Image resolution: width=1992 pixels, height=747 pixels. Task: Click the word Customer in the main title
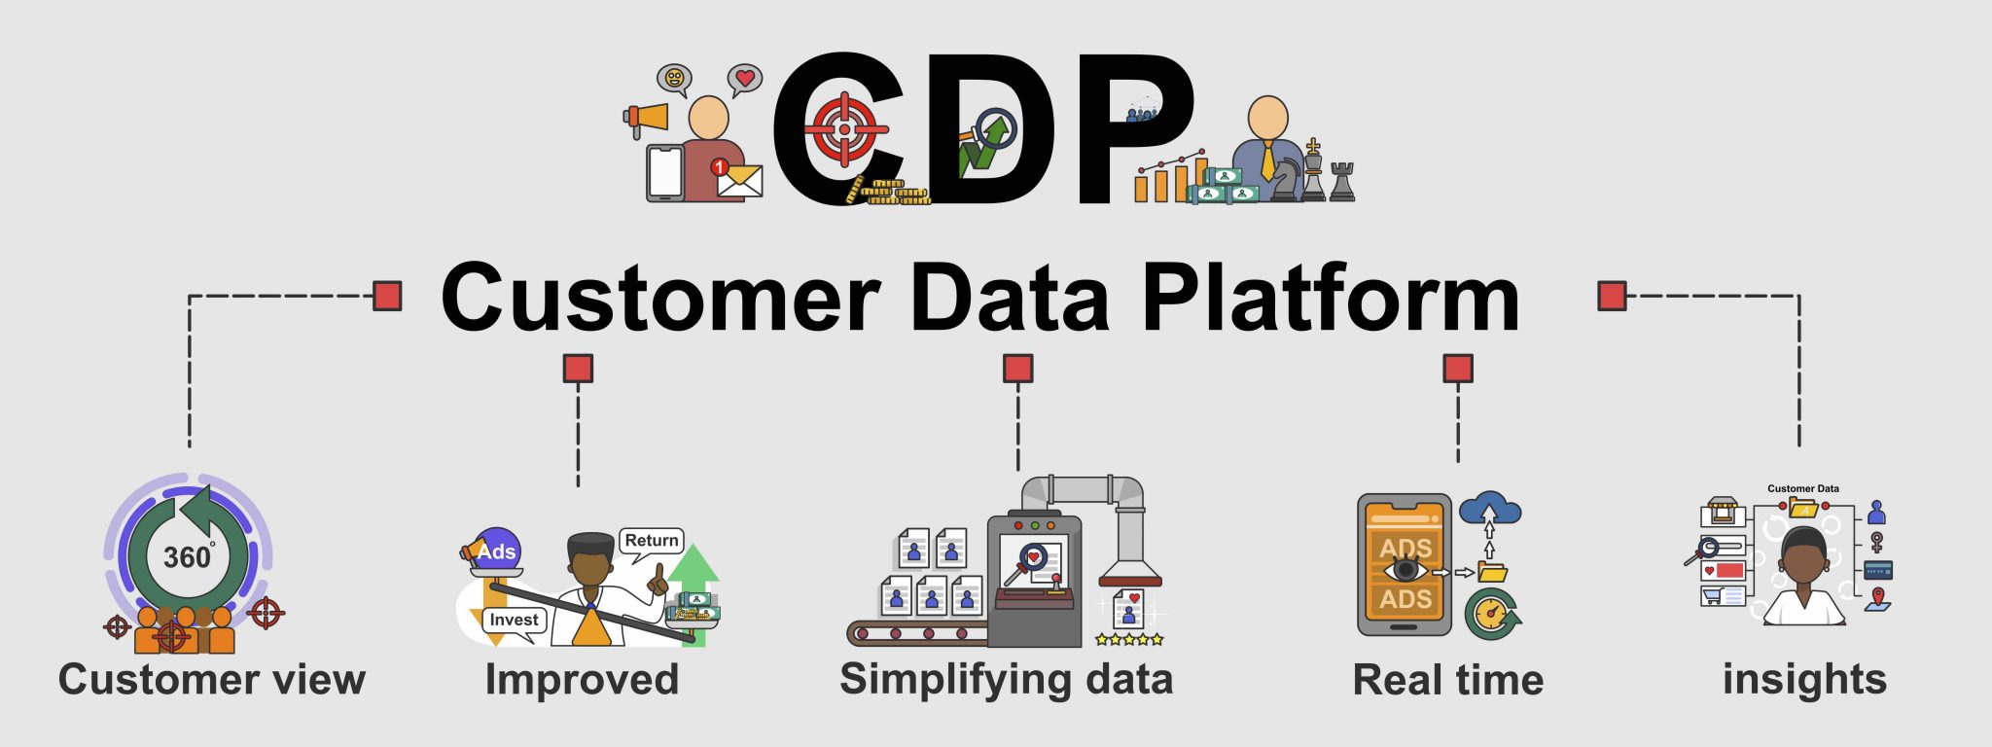(x=660, y=299)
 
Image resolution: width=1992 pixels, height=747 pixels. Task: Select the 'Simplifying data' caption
(x=1006, y=679)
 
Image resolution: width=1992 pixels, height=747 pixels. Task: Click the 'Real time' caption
(x=1447, y=680)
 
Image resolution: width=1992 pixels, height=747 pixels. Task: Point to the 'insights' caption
(x=1804, y=679)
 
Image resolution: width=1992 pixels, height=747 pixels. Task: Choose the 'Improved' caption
(x=582, y=679)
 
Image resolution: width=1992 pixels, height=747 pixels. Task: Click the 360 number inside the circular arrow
(x=187, y=557)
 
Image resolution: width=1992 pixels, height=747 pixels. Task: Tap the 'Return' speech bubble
(x=652, y=541)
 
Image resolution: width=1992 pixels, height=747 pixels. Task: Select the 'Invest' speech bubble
(x=514, y=621)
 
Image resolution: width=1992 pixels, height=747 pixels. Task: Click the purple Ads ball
(x=497, y=551)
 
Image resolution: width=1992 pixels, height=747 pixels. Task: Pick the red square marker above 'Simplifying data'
(x=1017, y=369)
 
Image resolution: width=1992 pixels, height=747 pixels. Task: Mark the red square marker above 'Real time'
(x=1457, y=369)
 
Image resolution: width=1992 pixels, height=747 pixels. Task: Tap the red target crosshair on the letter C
(x=844, y=129)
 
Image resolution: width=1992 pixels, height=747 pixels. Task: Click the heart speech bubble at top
(x=745, y=78)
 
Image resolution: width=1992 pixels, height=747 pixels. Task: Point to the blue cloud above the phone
(x=1489, y=508)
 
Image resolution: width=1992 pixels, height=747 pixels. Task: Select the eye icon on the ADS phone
(x=1405, y=569)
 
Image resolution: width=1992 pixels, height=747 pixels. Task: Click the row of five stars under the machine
(x=1128, y=639)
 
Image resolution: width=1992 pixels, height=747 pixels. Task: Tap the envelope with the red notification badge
(x=737, y=179)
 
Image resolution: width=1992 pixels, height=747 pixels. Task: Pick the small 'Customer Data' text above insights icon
(x=1802, y=488)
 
